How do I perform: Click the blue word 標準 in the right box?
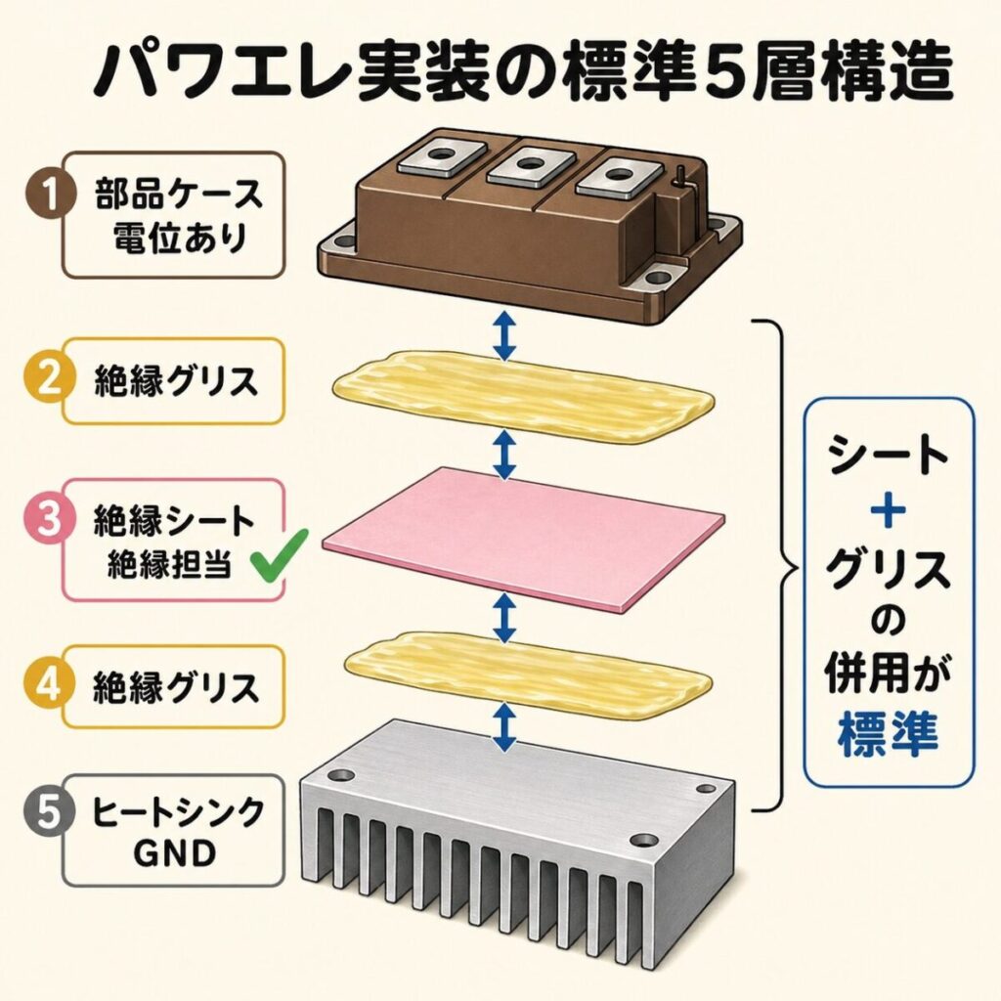(889, 734)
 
